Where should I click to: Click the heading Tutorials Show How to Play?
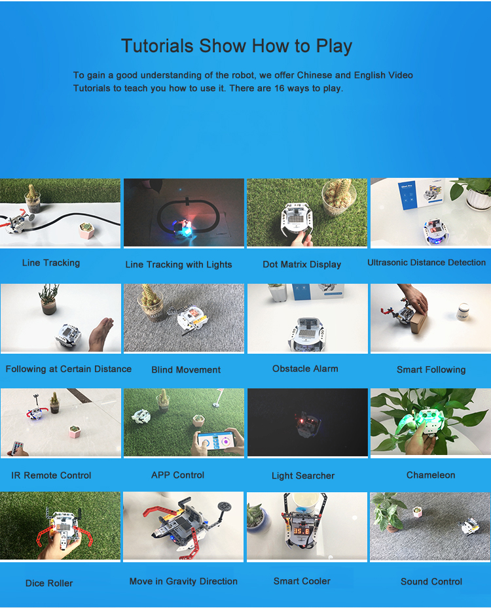tap(236, 46)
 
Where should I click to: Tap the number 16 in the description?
tap(280, 88)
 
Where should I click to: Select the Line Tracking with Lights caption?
tap(179, 265)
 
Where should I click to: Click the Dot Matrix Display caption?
tap(302, 265)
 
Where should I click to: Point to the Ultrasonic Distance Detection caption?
tap(427, 263)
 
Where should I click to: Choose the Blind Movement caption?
tap(186, 369)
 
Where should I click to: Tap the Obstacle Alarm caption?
tap(305, 368)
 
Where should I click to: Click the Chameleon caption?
tap(431, 475)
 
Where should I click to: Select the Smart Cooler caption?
tap(302, 581)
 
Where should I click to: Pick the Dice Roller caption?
tap(49, 583)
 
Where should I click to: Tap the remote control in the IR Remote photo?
tap(16, 447)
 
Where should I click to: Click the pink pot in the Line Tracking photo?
tap(86, 230)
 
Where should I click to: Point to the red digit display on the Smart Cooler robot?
tap(301, 531)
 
